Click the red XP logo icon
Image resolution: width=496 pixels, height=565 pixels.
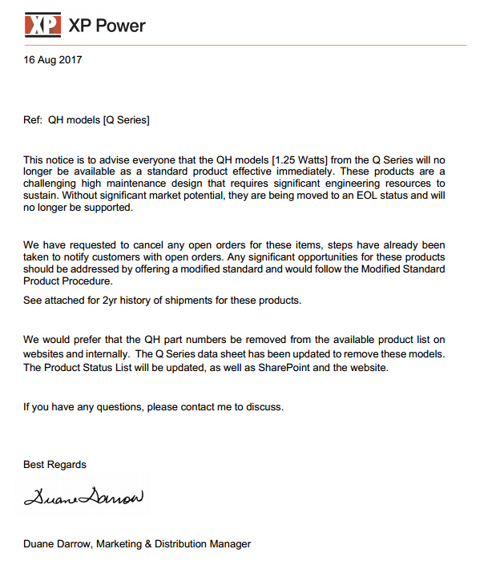point(42,26)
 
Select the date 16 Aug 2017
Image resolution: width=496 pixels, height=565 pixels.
point(53,59)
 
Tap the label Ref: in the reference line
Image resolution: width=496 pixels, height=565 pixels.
point(33,121)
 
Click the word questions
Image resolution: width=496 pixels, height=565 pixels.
point(121,407)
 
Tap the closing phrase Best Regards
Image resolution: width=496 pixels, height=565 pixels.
point(54,465)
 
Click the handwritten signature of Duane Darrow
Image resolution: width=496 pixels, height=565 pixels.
point(83,498)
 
